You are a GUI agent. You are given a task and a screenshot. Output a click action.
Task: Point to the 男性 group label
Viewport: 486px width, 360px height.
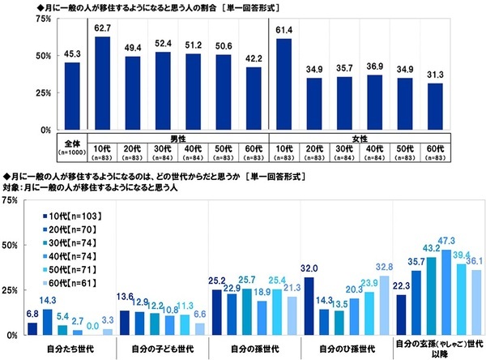(179, 139)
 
